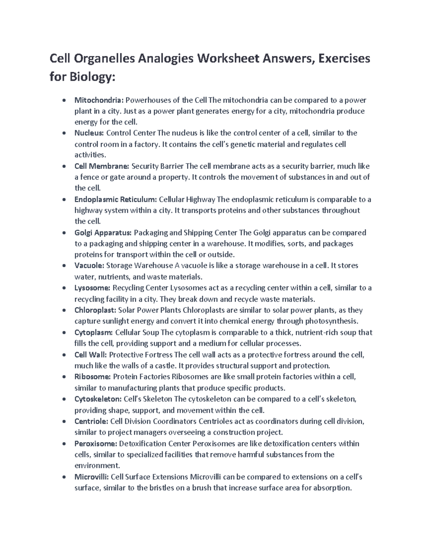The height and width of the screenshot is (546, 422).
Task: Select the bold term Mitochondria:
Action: click(x=99, y=100)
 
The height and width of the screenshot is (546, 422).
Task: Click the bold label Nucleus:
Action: click(x=89, y=133)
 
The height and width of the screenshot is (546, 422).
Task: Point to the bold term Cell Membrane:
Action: click(x=102, y=166)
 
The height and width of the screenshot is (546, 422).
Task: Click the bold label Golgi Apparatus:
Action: click(x=103, y=232)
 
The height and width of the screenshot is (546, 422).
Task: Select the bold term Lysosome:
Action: click(x=92, y=288)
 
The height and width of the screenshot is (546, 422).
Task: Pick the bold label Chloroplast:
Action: click(x=95, y=310)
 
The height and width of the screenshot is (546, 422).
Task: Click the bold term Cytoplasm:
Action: click(x=94, y=332)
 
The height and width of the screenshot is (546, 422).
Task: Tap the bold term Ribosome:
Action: click(x=92, y=377)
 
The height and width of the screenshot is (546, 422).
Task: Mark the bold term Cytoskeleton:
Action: click(x=98, y=399)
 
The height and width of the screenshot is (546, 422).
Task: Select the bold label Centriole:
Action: click(x=91, y=421)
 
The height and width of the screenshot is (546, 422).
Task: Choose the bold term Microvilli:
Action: click(x=92, y=477)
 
